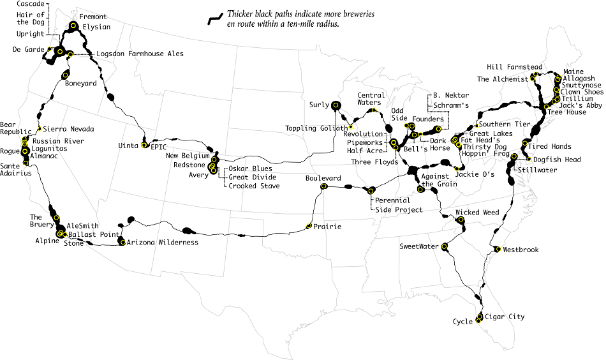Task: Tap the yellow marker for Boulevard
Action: [x=324, y=187]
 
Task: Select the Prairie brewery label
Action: [x=327, y=227]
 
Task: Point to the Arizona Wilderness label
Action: [x=163, y=243]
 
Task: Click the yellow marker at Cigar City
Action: [x=480, y=317]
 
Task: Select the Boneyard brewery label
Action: [x=81, y=83]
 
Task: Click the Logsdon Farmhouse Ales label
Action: [x=140, y=54]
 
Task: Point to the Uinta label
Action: [x=129, y=146]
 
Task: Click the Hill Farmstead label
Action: [x=514, y=66]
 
